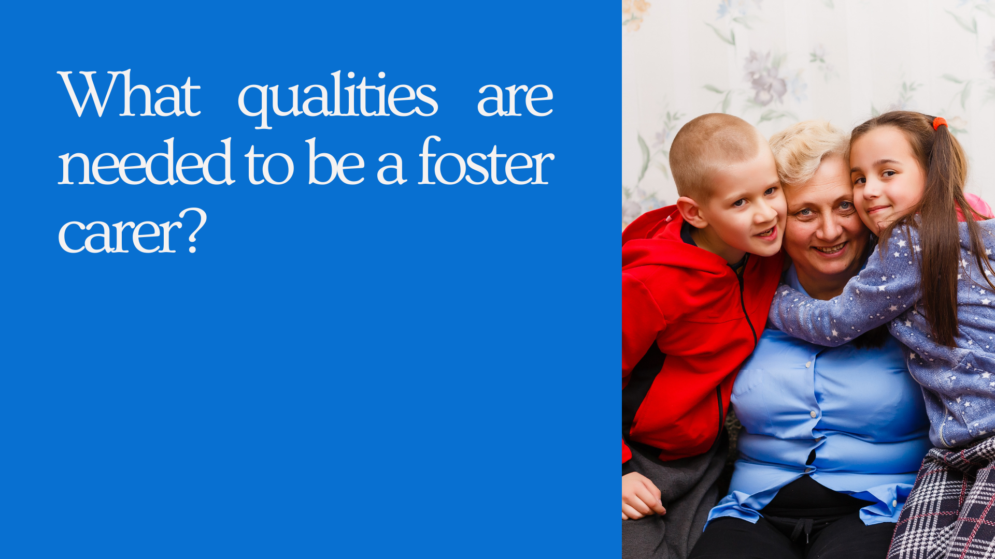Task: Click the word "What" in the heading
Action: click(129, 94)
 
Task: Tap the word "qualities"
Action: click(338, 98)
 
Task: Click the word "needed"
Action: click(146, 161)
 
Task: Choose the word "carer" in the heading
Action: click(121, 233)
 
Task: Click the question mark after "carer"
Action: click(196, 230)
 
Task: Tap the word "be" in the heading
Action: click(336, 161)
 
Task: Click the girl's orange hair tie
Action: click(940, 123)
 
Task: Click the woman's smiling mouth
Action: click(830, 249)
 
